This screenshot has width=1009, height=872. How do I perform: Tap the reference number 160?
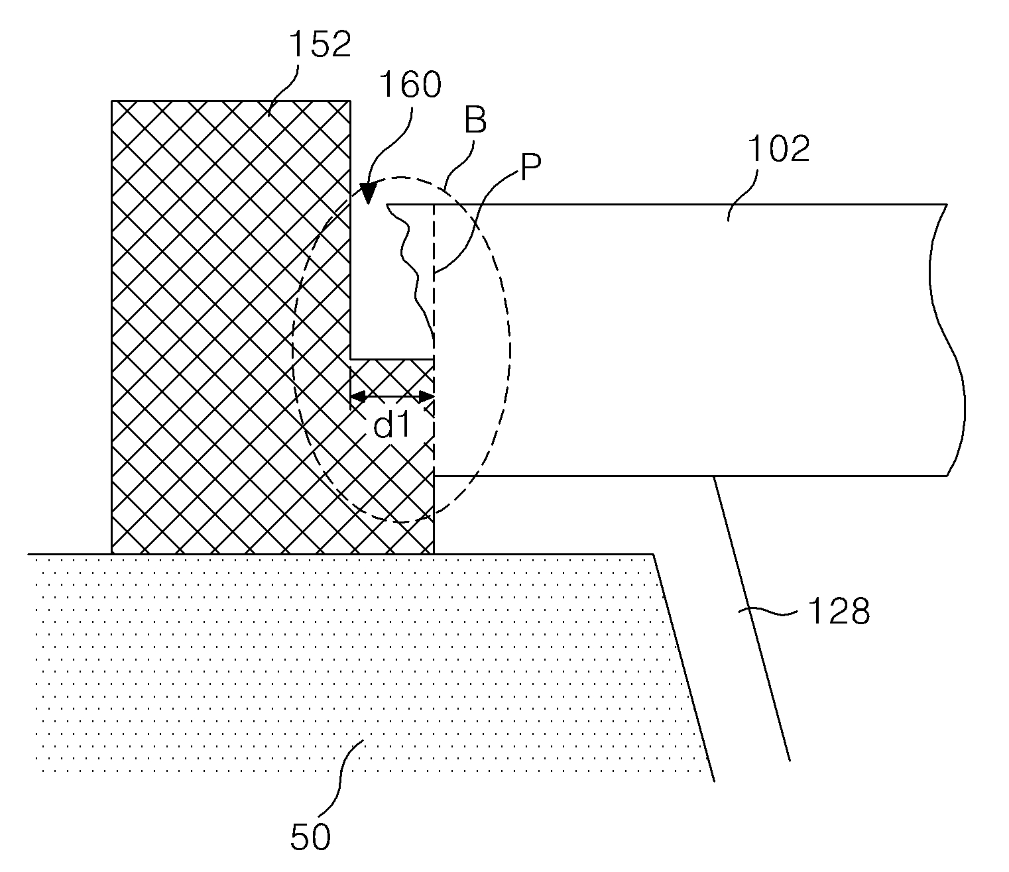point(410,85)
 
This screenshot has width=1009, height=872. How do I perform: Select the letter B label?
point(475,121)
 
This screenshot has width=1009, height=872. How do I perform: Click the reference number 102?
point(780,150)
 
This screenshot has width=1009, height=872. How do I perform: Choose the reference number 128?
point(839,612)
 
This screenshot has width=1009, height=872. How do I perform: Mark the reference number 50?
point(310,837)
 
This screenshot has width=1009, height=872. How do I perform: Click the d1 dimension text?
point(392,425)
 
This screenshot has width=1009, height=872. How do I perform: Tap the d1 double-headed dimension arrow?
point(392,397)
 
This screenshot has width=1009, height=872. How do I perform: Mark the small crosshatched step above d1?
point(392,376)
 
